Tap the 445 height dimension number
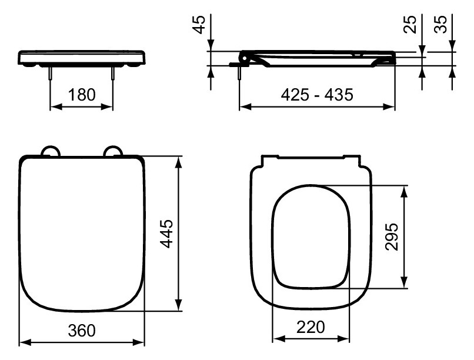[x=167, y=234]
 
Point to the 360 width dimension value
[x=81, y=330]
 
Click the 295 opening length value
[x=393, y=236]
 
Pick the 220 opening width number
[x=311, y=328]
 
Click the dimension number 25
[x=412, y=24]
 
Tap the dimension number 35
[x=441, y=24]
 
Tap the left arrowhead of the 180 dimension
[x=54, y=106]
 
